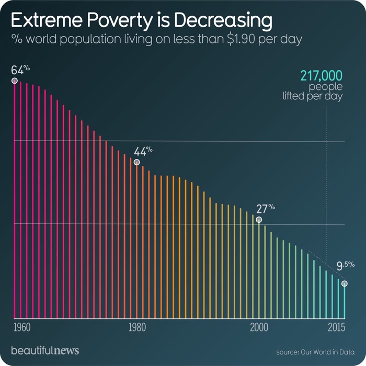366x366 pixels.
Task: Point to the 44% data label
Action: [143, 152]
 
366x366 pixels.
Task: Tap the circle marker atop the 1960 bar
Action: [14, 81]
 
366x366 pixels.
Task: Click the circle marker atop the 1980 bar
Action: [137, 163]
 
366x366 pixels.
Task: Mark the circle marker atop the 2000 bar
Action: [259, 220]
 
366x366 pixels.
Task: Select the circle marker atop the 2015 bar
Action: [344, 283]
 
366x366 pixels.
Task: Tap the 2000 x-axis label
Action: [259, 328]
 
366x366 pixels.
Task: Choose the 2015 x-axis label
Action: [337, 328]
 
